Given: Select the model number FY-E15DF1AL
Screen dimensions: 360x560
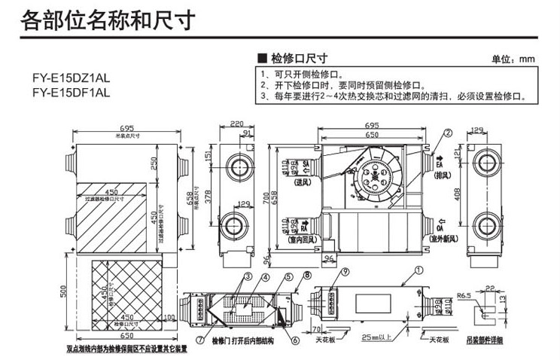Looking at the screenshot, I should [x=71, y=93].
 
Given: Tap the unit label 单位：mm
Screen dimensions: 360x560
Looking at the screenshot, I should [x=512, y=59].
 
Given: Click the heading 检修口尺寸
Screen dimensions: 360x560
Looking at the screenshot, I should [x=298, y=58].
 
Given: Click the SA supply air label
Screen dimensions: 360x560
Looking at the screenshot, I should [x=305, y=163].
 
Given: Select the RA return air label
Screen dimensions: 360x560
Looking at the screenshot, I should [x=305, y=224].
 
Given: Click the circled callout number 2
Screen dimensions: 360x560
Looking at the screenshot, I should [x=449, y=133].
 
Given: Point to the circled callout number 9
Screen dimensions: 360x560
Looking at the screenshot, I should [x=345, y=272].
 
